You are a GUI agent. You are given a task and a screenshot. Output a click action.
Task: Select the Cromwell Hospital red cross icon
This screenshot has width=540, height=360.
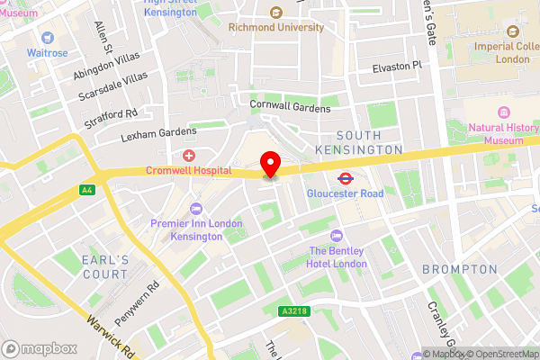coord(189,156)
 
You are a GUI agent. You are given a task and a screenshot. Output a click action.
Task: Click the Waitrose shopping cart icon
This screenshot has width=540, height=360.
coord(47,38)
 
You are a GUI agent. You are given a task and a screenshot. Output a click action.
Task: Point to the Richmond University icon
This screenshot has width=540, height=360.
coord(275,13)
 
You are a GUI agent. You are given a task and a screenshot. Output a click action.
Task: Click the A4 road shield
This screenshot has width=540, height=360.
coord(86,190)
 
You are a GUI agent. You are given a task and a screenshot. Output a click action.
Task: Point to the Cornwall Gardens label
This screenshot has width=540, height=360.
coord(290,107)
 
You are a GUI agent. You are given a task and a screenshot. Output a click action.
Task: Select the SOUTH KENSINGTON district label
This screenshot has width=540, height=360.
coord(359,140)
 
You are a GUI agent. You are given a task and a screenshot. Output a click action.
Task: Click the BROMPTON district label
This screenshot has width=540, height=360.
coord(460,269)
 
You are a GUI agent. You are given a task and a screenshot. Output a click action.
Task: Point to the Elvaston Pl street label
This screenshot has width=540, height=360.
coord(397,67)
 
